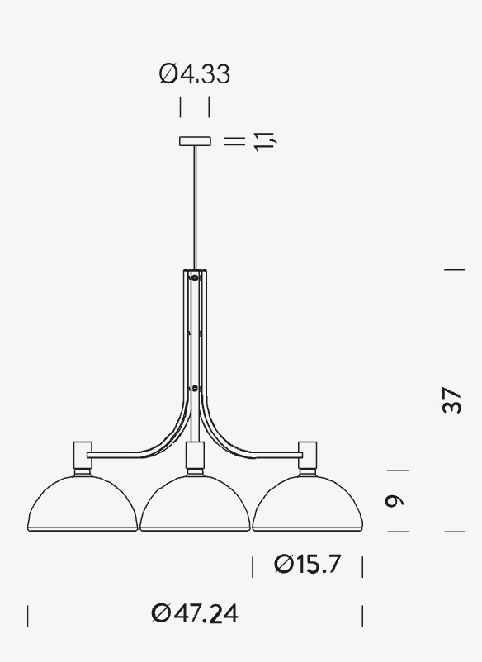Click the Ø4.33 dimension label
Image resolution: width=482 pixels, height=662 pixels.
195,74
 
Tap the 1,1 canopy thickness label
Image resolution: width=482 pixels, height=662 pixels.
265,141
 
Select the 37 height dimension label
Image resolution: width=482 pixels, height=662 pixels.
451,400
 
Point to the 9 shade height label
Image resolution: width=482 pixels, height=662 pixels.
395,501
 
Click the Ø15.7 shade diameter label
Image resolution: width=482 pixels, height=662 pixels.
307,564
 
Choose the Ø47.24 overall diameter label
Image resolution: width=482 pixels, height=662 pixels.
195,613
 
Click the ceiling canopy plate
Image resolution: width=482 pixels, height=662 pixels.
195,141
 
